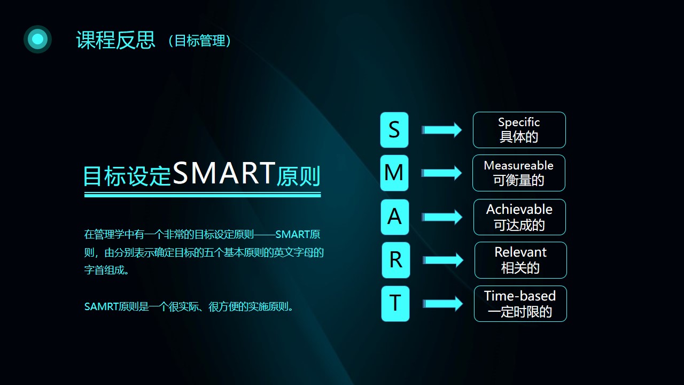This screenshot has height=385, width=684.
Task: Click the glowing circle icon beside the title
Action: (37, 39)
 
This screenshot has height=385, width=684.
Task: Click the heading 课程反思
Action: (116, 40)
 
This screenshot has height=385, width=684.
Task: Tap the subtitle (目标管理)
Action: (200, 41)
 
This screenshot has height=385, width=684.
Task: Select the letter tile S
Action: (394, 130)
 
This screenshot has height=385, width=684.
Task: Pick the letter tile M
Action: (394, 173)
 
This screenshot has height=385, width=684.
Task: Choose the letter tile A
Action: (395, 217)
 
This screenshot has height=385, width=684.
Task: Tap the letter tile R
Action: (396, 260)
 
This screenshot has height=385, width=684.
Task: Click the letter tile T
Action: (395, 303)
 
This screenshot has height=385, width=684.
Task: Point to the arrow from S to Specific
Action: (442, 130)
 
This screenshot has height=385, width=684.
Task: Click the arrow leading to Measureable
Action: (441, 173)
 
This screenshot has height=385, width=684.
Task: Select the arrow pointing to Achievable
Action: (442, 217)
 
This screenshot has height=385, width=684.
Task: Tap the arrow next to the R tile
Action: (443, 260)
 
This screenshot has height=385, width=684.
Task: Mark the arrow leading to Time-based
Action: (443, 304)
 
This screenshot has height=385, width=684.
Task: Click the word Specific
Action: (519, 122)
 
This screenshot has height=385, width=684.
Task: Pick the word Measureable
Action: (518, 165)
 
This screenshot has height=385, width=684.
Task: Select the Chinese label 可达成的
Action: (519, 225)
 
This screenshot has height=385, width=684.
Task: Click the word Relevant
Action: (520, 252)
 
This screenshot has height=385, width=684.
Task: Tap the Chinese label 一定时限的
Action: (520, 312)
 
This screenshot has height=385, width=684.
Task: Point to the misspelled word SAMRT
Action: (101, 306)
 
